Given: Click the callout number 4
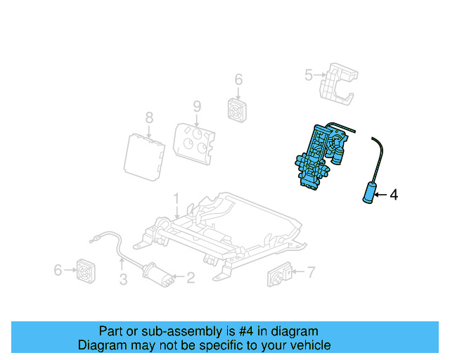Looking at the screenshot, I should (394, 195).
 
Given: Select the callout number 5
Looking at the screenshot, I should (307, 75).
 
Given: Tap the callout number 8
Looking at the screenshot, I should (148, 117).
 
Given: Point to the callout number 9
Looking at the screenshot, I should (197, 107).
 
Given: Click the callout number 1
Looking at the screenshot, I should (176, 199).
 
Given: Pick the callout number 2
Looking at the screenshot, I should (191, 278).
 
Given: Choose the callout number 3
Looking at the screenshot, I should (122, 281).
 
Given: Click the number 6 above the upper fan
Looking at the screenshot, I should (238, 79).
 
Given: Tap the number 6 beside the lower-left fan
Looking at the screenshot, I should (58, 269).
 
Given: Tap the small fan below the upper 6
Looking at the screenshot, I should (238, 109).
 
